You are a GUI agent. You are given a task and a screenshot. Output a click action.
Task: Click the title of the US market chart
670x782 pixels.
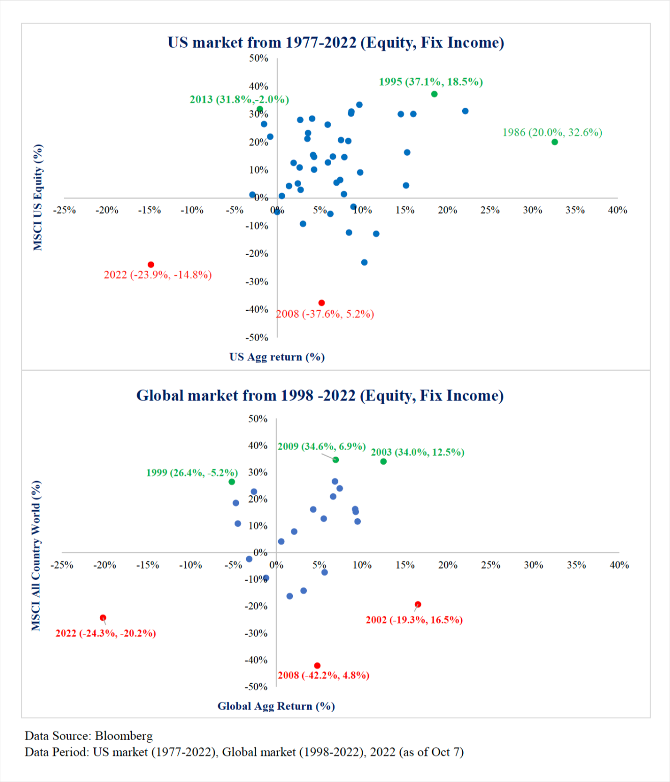point(336,42)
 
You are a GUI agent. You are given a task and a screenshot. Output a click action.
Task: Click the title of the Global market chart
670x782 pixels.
point(320,396)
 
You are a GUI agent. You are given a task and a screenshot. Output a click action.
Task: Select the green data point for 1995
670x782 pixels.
point(434,94)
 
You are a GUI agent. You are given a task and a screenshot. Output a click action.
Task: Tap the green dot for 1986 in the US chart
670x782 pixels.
point(555,142)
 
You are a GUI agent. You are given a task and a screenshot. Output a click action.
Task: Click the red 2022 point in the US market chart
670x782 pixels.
point(151,265)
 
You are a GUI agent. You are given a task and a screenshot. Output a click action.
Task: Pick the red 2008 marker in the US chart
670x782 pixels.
point(321,303)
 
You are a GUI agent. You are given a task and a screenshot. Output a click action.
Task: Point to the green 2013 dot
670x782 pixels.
point(260,109)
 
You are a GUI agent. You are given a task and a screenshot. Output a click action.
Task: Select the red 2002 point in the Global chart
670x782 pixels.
point(418,605)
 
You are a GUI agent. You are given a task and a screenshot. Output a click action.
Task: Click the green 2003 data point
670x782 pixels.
point(384,462)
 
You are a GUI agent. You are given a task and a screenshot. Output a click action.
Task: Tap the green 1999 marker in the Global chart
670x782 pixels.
point(232,482)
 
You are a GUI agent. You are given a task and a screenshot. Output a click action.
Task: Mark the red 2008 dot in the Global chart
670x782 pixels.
point(317,666)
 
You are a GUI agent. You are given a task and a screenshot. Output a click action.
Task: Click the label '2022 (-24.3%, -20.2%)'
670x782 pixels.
point(106,633)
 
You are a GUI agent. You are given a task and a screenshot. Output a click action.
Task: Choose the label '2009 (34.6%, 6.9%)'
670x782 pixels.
point(321,446)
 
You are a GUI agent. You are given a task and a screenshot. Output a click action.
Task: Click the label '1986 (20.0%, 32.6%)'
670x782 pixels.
point(552,132)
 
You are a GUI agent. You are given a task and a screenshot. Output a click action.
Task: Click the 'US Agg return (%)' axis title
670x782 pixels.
point(277,357)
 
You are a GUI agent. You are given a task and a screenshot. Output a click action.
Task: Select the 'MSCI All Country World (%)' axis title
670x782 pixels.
point(36,555)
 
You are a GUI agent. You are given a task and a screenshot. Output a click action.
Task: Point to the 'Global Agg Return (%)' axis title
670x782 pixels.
point(276,706)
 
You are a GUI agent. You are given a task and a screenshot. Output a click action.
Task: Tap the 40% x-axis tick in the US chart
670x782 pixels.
point(618,210)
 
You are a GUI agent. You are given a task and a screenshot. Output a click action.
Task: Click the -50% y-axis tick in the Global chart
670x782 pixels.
point(256,687)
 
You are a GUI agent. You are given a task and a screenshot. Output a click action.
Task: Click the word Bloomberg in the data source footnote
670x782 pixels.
point(124,736)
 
